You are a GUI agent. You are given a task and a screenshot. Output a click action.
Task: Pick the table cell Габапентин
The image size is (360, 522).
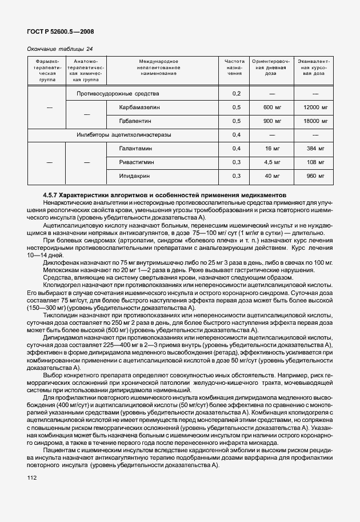pos(137,121)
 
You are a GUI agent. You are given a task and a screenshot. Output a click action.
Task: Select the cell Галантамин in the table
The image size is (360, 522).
pos(137,149)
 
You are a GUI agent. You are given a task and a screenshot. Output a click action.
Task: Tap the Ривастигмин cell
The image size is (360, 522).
pos(139,162)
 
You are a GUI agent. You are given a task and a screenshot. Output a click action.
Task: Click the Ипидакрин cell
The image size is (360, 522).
pos(137,176)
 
